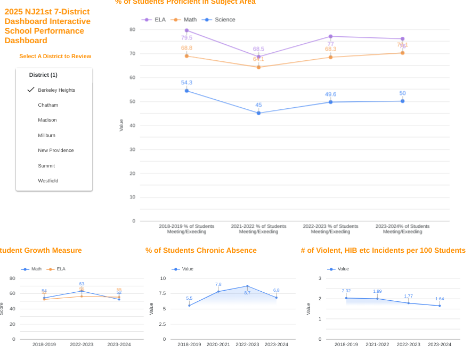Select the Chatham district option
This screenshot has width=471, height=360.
48,105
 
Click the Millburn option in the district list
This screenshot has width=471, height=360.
46,135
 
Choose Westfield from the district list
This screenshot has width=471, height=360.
48,181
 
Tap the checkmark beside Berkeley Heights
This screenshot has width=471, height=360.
31,90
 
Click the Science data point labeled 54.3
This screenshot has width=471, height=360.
186,91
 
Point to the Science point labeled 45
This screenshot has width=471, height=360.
258,113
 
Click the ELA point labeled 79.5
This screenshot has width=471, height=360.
186,30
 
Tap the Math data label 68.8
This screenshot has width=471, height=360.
186,48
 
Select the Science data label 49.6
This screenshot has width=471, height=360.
330,94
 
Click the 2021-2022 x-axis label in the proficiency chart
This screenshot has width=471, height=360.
258,229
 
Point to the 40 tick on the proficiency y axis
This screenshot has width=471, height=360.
133,125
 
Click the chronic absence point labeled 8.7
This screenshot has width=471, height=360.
247,286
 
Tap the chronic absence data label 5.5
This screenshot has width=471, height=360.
189,298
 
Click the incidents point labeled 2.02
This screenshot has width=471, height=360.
346,298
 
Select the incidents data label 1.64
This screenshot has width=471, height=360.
440,299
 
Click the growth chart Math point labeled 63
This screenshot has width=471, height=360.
82,291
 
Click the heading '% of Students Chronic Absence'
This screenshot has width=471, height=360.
201,250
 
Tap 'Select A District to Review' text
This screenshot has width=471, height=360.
55,56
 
